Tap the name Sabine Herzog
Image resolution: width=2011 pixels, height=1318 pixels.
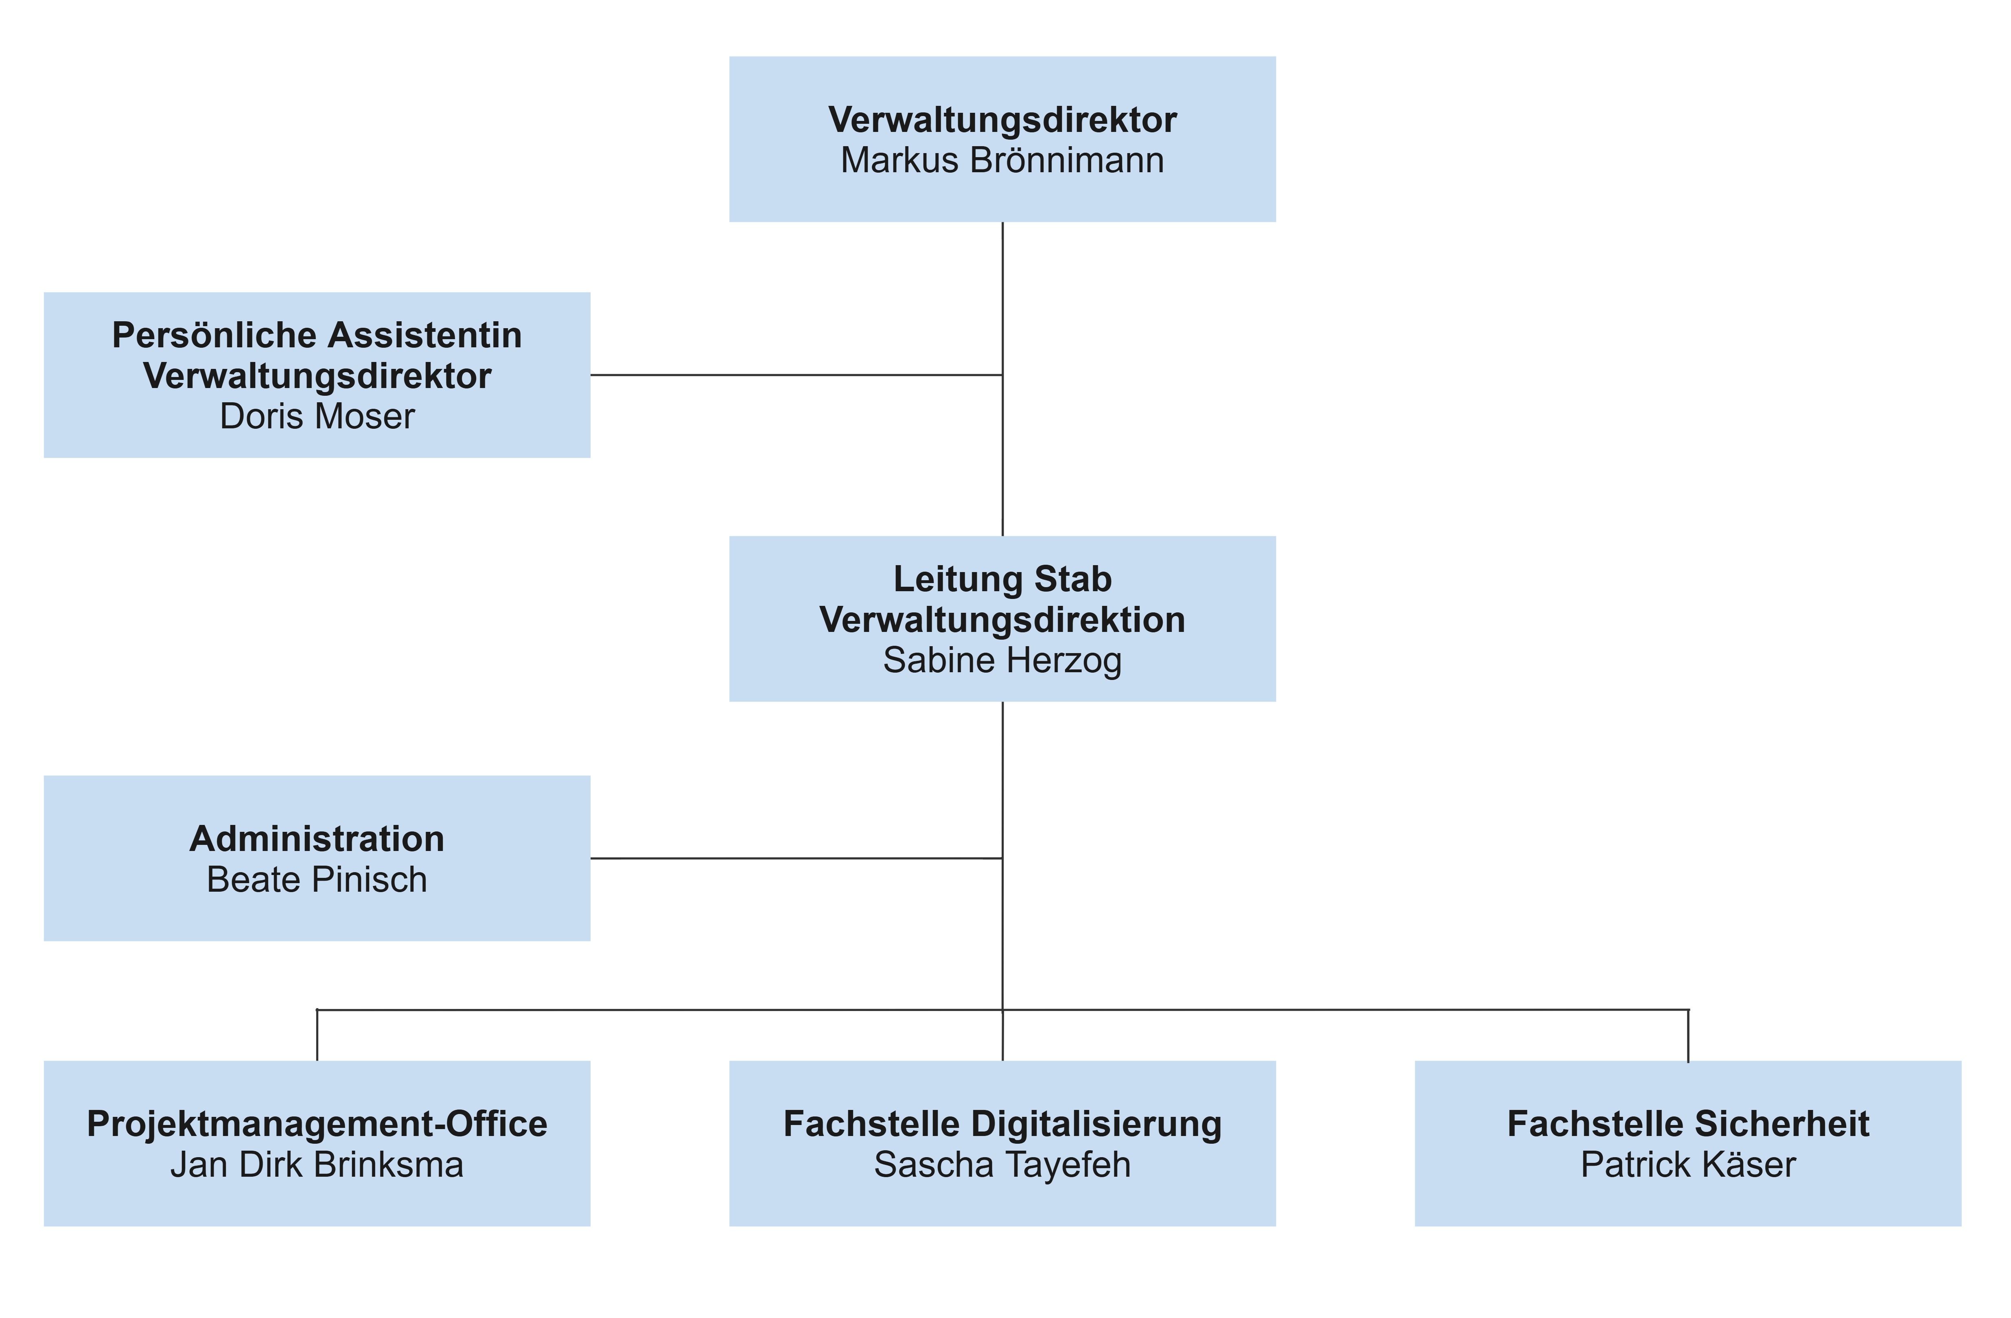click(x=1002, y=660)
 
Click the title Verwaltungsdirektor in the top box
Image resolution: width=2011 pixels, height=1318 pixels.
click(x=1002, y=120)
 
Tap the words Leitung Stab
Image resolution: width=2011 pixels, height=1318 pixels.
click(x=1002, y=579)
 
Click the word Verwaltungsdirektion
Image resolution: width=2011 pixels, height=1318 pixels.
click(x=1002, y=620)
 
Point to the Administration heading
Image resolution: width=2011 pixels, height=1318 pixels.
click(x=317, y=839)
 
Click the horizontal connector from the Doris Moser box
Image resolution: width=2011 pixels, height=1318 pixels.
click(x=796, y=375)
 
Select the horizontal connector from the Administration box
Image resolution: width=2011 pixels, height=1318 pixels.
click(x=796, y=858)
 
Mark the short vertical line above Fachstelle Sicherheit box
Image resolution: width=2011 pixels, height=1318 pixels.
click(x=1688, y=1036)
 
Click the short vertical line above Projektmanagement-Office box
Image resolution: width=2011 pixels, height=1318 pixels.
click(x=317, y=1036)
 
